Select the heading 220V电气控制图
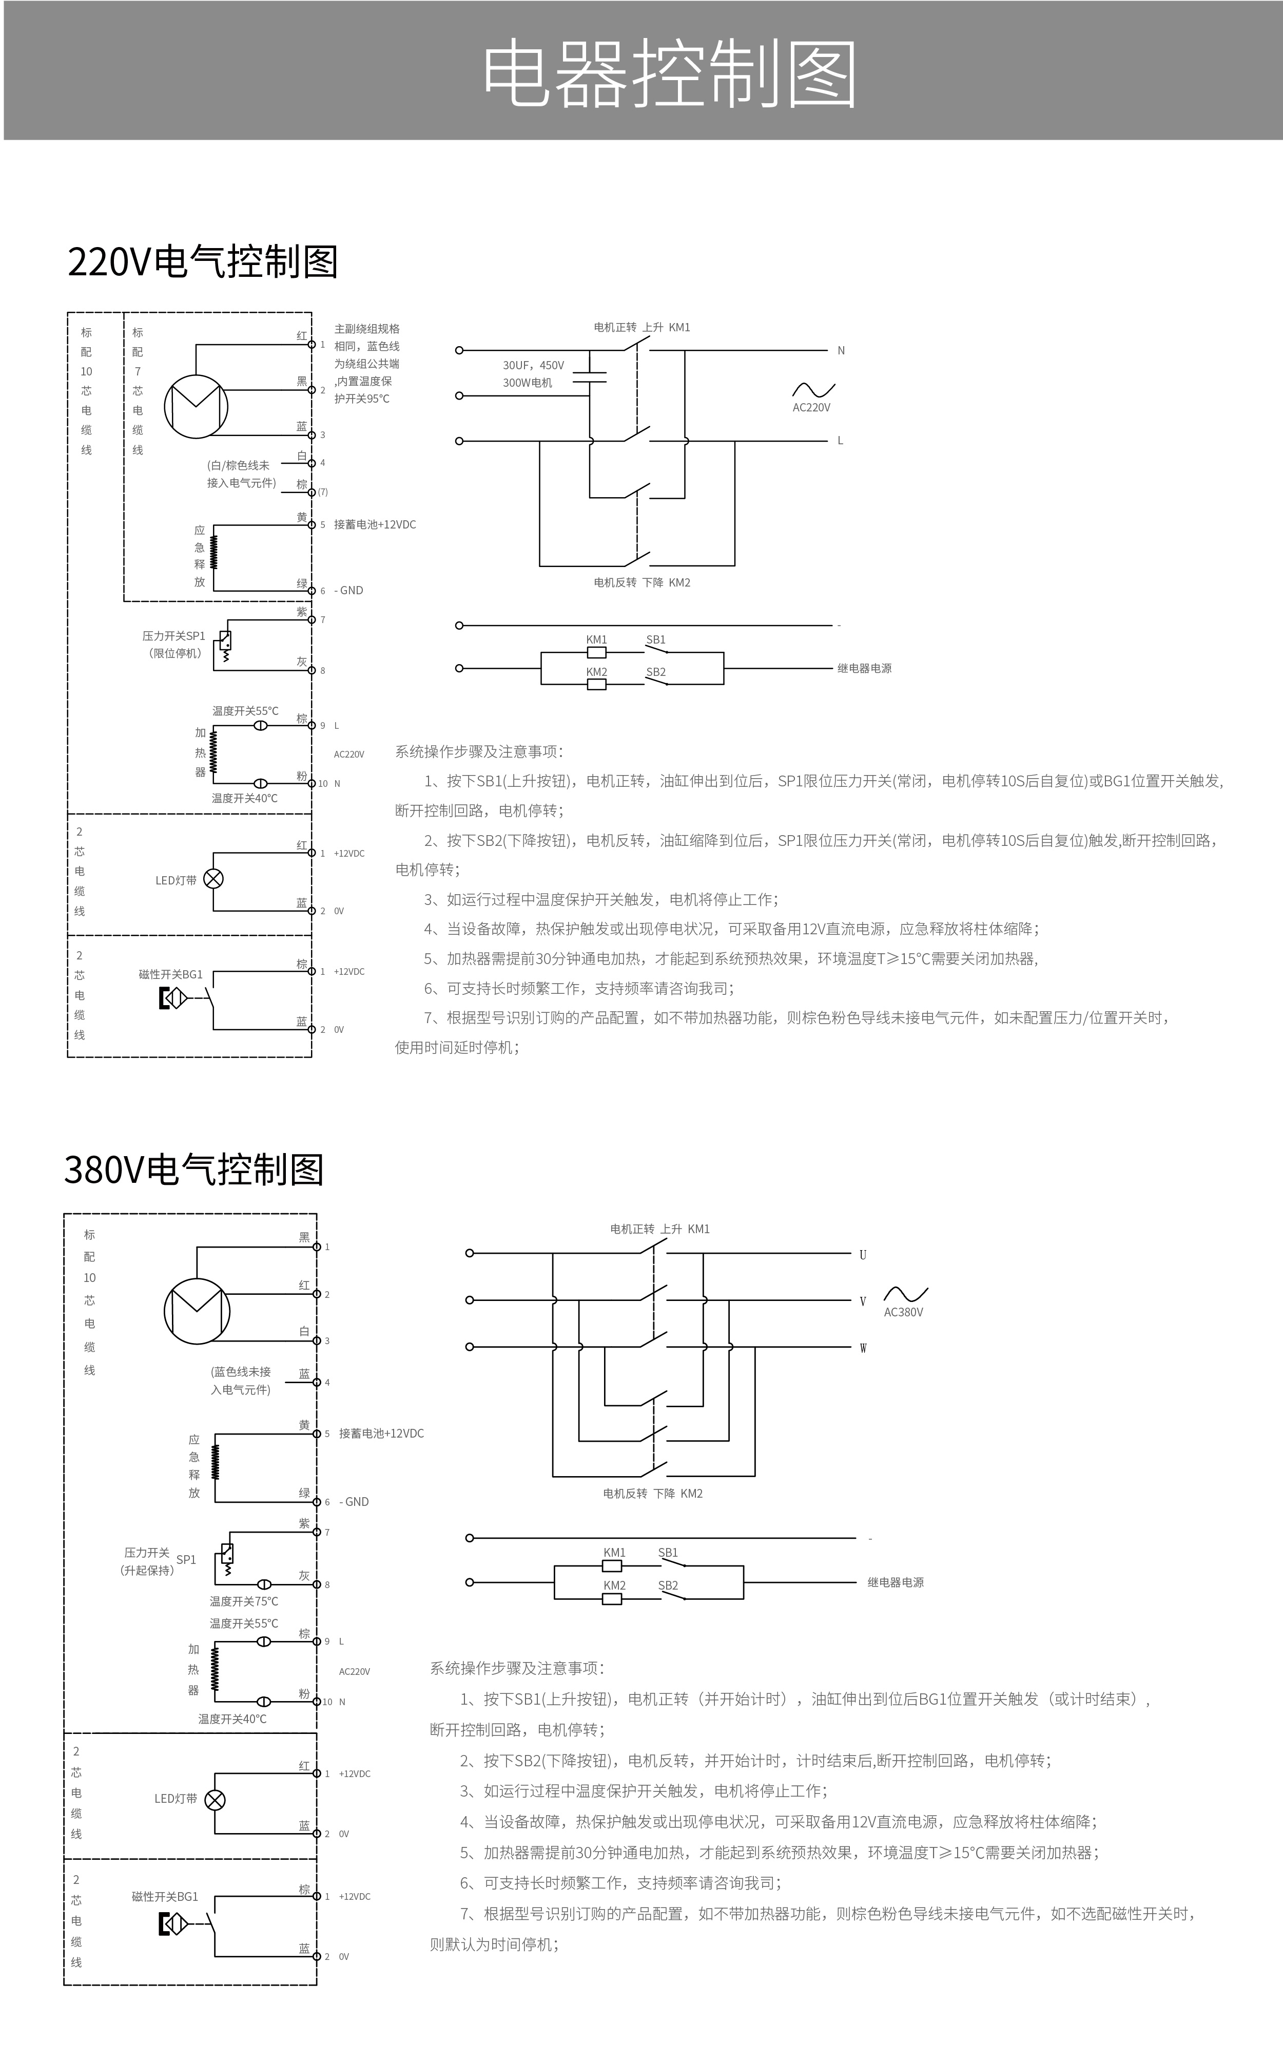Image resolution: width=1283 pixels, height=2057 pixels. pyautogui.click(x=203, y=261)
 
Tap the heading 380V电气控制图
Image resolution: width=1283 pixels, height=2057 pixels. pyautogui.click(x=195, y=1169)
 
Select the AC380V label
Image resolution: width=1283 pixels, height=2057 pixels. pyautogui.click(x=904, y=1312)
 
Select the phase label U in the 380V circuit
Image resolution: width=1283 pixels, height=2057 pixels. pyautogui.click(x=863, y=1255)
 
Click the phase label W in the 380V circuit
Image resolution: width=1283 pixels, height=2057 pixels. pyautogui.click(x=863, y=1348)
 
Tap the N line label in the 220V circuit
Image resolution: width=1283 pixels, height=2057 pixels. pyautogui.click(x=841, y=351)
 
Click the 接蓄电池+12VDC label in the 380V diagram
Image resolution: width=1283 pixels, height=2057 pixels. pyautogui.click(x=382, y=1433)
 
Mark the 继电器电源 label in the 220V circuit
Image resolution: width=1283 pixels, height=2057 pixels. pyautogui.click(x=865, y=668)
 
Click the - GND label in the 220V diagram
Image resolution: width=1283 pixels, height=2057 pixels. pyautogui.click(x=349, y=590)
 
